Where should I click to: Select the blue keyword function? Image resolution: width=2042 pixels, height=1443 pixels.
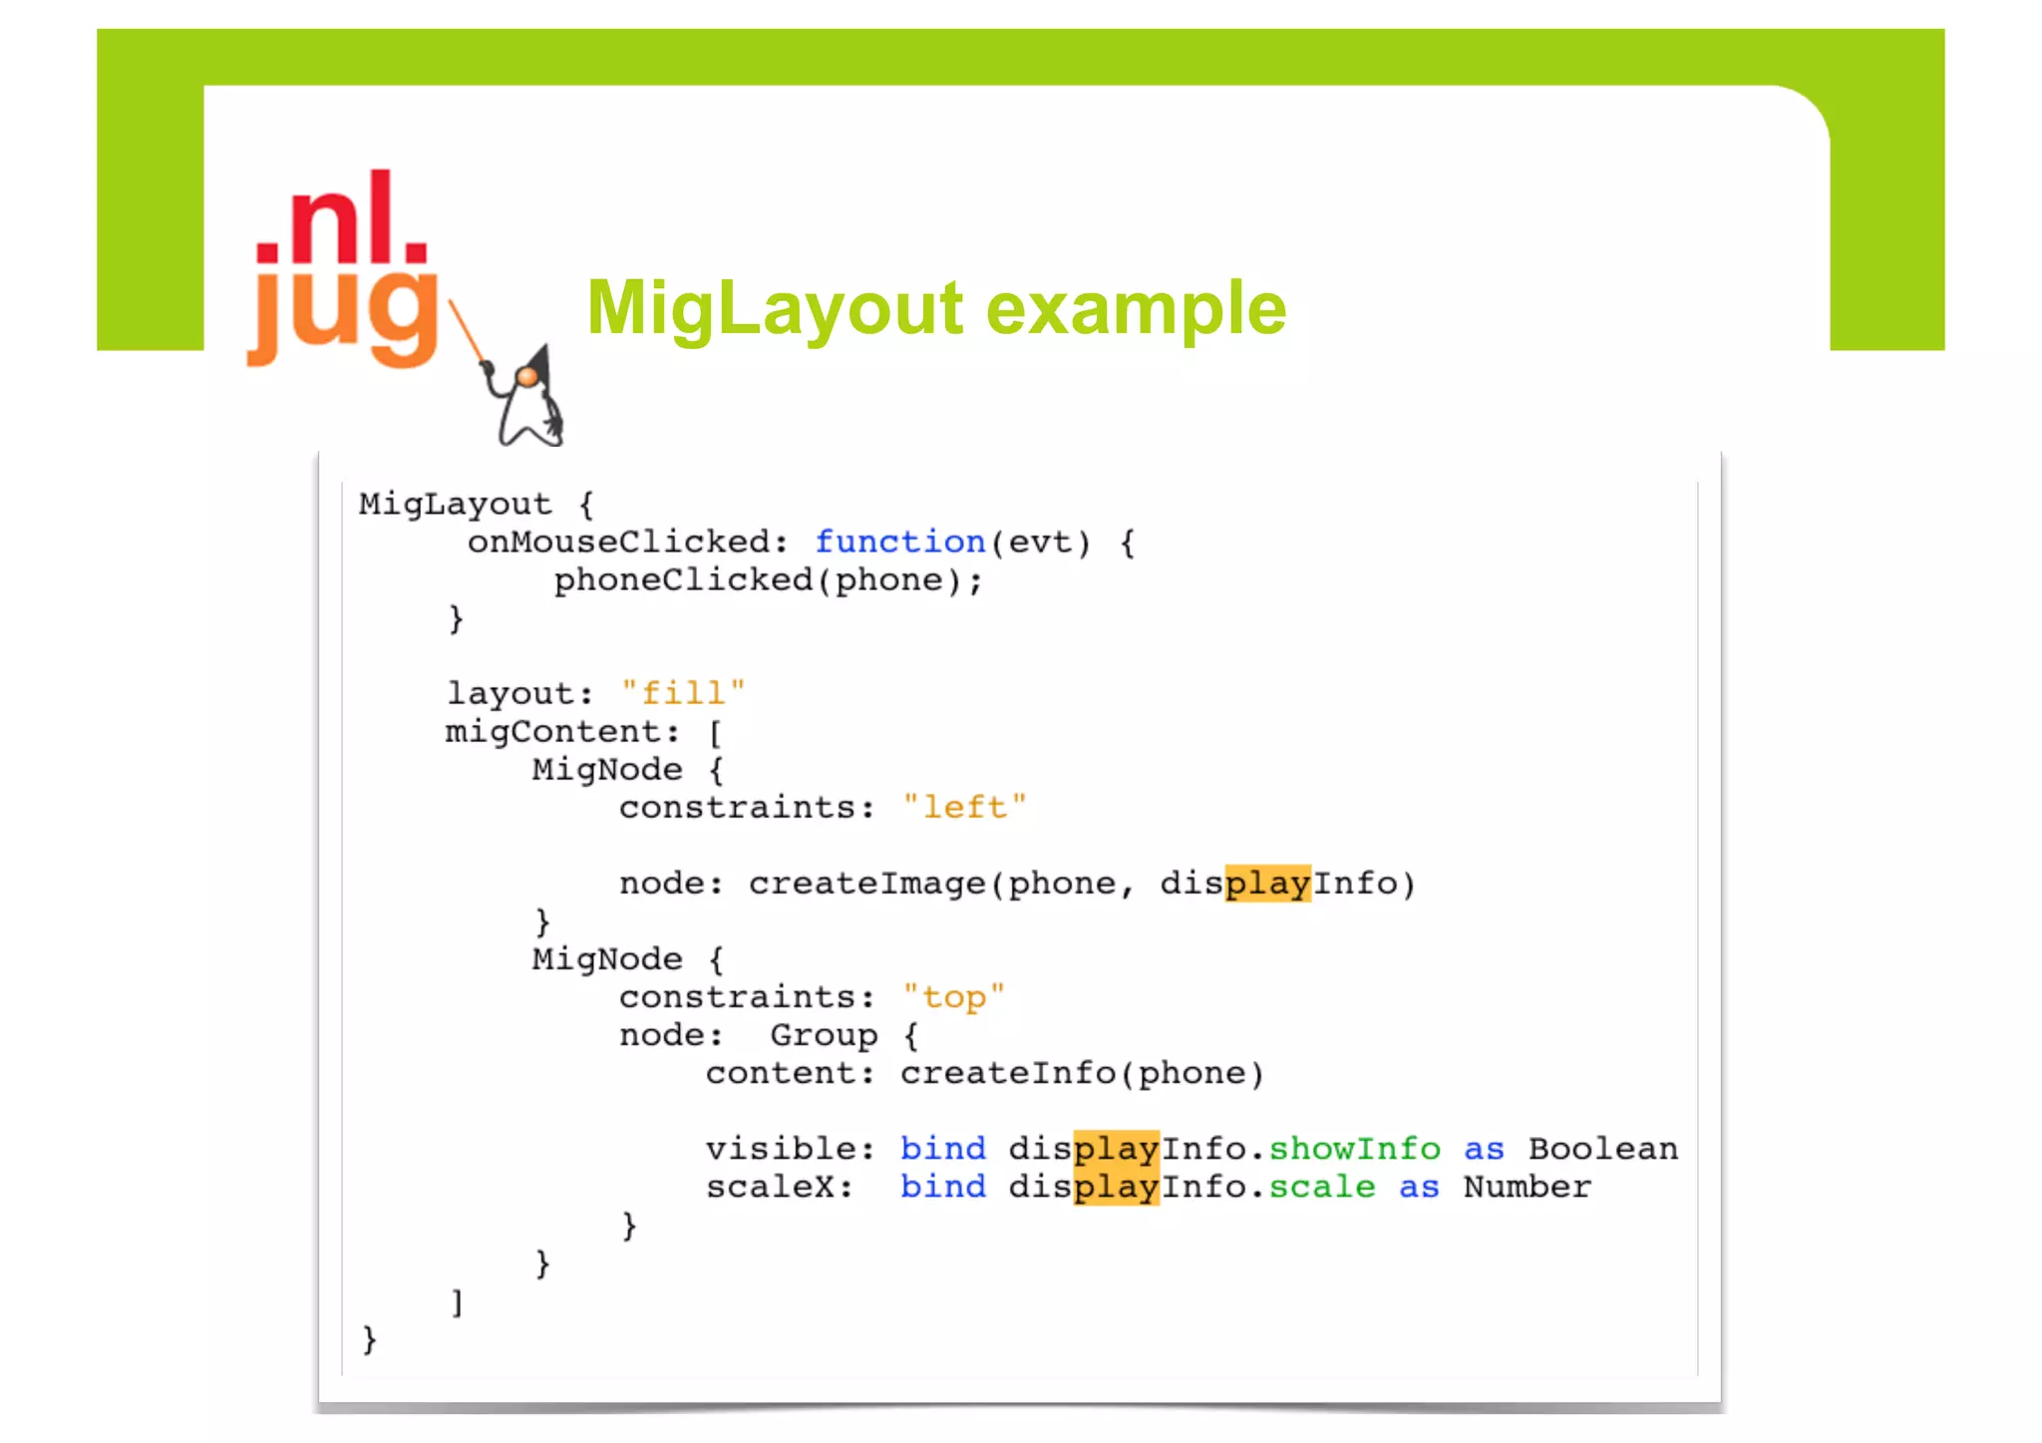(899, 541)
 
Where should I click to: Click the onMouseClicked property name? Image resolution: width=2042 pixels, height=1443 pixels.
(619, 541)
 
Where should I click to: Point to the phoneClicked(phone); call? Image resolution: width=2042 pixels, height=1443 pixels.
(768, 579)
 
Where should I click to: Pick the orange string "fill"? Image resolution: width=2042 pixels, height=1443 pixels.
(683, 692)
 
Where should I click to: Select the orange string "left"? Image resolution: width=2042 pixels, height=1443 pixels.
(964, 806)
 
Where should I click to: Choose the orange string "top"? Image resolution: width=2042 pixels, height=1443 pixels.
(953, 996)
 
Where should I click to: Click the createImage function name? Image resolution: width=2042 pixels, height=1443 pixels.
(866, 883)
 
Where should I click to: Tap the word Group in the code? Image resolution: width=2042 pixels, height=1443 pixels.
(824, 1034)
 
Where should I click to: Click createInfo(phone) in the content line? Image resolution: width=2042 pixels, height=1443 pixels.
(1082, 1072)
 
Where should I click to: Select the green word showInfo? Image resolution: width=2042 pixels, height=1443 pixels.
(1354, 1148)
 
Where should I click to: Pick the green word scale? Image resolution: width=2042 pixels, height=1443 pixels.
(1321, 1186)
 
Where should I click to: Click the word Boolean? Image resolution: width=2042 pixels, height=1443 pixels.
(1602, 1148)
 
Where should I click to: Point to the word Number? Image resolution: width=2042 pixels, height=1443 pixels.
(1527, 1186)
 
